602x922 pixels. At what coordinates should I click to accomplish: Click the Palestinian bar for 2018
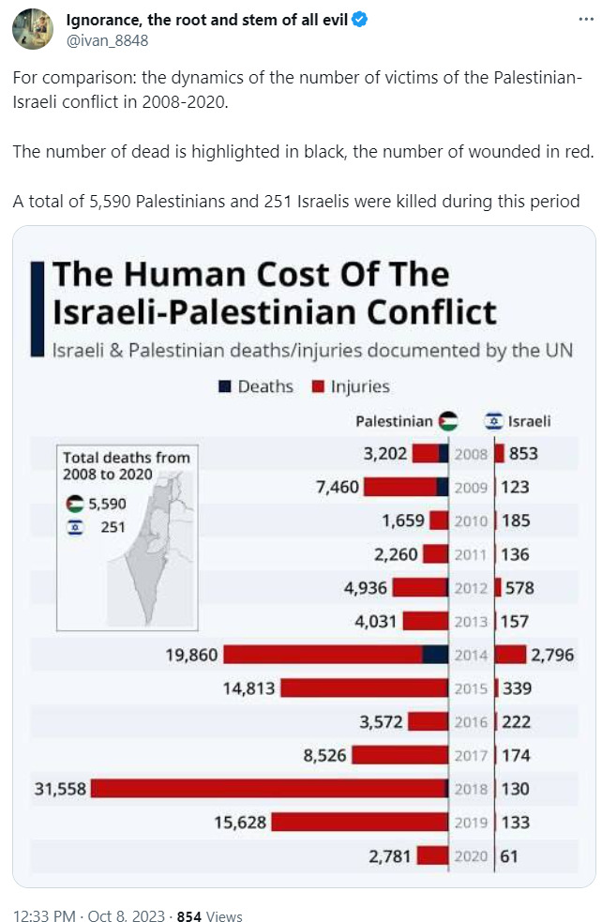[269, 789]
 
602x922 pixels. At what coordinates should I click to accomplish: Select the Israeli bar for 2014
[511, 655]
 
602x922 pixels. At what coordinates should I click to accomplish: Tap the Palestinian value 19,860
[192, 655]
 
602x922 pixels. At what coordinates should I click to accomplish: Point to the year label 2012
[471, 588]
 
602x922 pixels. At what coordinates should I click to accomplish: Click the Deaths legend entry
[256, 386]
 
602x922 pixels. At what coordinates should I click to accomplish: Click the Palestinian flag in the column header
[448, 421]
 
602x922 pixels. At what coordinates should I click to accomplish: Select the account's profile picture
[32, 28]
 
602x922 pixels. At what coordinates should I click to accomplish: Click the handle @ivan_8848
[107, 40]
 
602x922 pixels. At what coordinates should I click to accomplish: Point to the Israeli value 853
[523, 454]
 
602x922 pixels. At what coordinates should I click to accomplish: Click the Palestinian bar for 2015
[364, 688]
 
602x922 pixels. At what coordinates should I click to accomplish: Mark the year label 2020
[471, 855]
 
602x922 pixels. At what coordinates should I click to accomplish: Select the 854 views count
[189, 916]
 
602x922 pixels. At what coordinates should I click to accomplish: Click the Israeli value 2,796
[552, 655]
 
